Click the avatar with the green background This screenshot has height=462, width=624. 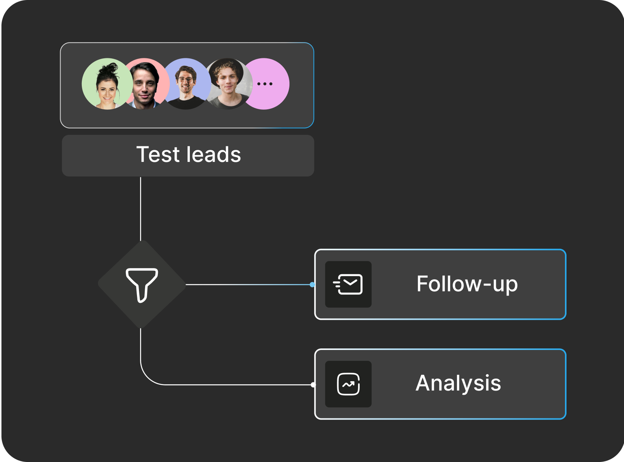click(x=107, y=84)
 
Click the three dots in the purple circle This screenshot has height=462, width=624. click(x=265, y=84)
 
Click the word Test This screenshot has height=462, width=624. click(x=158, y=155)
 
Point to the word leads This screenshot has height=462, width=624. click(x=214, y=155)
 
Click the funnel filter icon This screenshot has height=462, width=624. click(x=142, y=285)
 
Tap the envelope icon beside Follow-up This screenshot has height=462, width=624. click(x=348, y=284)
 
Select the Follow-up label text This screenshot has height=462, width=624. click(x=467, y=284)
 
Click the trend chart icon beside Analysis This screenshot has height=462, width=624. click(x=348, y=384)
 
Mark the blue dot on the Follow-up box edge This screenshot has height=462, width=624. click(x=312, y=285)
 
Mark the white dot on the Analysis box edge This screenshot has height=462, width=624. click(x=313, y=385)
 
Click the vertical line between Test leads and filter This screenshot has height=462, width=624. click(x=140, y=209)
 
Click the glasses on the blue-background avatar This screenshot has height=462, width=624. click(x=186, y=80)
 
